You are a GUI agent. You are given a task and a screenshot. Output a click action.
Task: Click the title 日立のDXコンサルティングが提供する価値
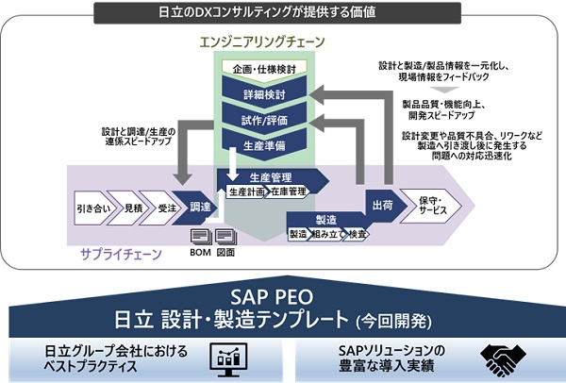284,11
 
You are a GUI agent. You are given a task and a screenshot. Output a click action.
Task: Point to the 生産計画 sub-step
244,191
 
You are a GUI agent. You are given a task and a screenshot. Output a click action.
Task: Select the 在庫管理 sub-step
287,191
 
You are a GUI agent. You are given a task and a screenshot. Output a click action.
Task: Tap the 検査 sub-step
357,233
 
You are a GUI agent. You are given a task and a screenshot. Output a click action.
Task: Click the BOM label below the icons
202,253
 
